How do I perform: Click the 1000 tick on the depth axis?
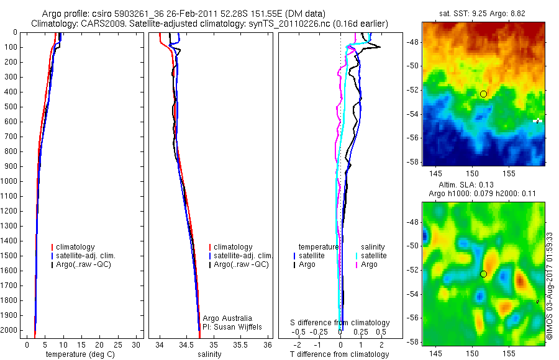(11, 181)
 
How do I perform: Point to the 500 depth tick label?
(11, 107)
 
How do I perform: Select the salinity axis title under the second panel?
(209, 354)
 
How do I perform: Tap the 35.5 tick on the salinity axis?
(241, 344)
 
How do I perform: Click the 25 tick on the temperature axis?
(119, 344)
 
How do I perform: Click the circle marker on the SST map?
(483, 94)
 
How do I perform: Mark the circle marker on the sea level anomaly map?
(483, 274)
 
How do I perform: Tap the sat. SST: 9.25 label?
(463, 12)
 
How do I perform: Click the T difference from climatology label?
(339, 354)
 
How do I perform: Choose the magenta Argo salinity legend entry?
(369, 264)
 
